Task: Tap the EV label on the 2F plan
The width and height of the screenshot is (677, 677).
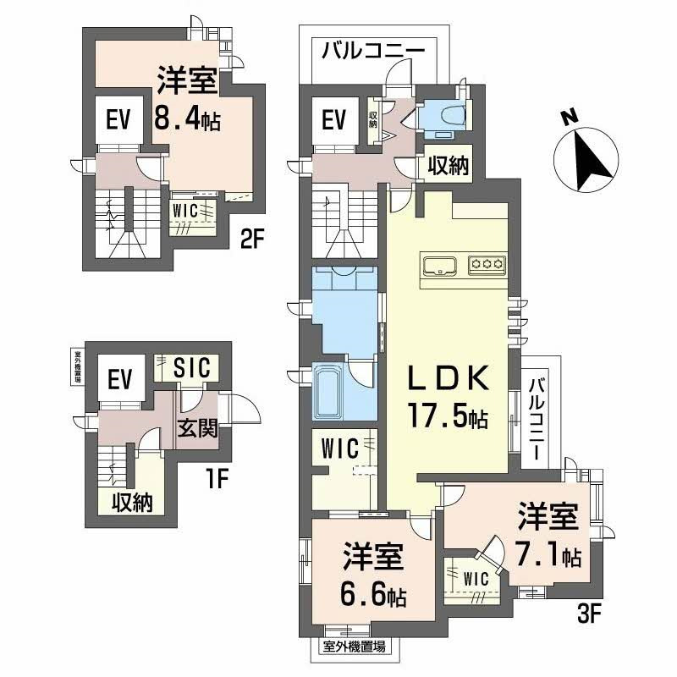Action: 118,121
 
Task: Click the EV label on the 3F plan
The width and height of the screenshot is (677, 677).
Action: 335,121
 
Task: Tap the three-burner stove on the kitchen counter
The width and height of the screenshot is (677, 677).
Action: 487,264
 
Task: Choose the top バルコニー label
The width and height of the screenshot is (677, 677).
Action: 372,51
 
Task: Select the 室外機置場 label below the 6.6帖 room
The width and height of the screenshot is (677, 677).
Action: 355,647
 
